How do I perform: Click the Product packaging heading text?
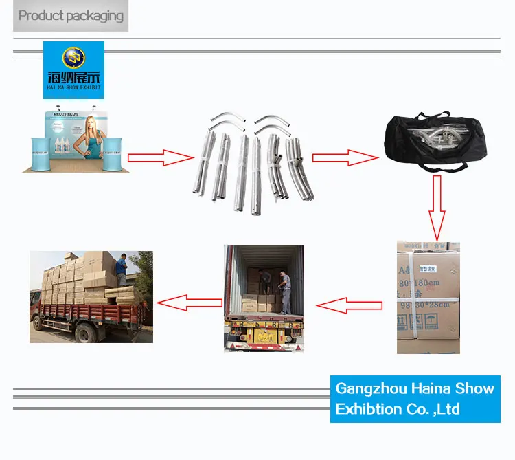[x=71, y=15]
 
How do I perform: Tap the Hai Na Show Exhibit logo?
[x=73, y=69]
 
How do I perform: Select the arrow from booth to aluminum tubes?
[x=161, y=157]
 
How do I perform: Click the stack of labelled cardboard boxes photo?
[x=428, y=297]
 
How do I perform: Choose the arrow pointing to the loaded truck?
[x=189, y=301]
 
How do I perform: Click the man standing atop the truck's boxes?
[x=122, y=269]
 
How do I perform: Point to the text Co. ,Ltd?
[x=437, y=409]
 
